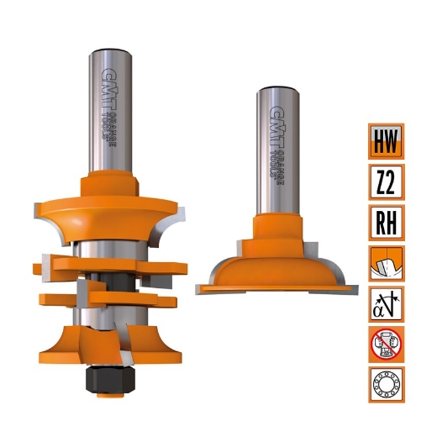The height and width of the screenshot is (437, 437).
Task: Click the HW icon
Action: click(x=387, y=140)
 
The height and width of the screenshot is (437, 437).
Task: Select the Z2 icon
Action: click(x=387, y=181)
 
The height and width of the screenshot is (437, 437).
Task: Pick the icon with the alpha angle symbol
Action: click(x=387, y=303)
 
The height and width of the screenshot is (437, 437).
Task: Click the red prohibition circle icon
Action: click(x=387, y=344)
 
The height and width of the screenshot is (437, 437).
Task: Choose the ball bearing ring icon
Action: click(x=387, y=384)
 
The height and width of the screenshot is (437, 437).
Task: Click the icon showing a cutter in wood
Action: click(x=387, y=263)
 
